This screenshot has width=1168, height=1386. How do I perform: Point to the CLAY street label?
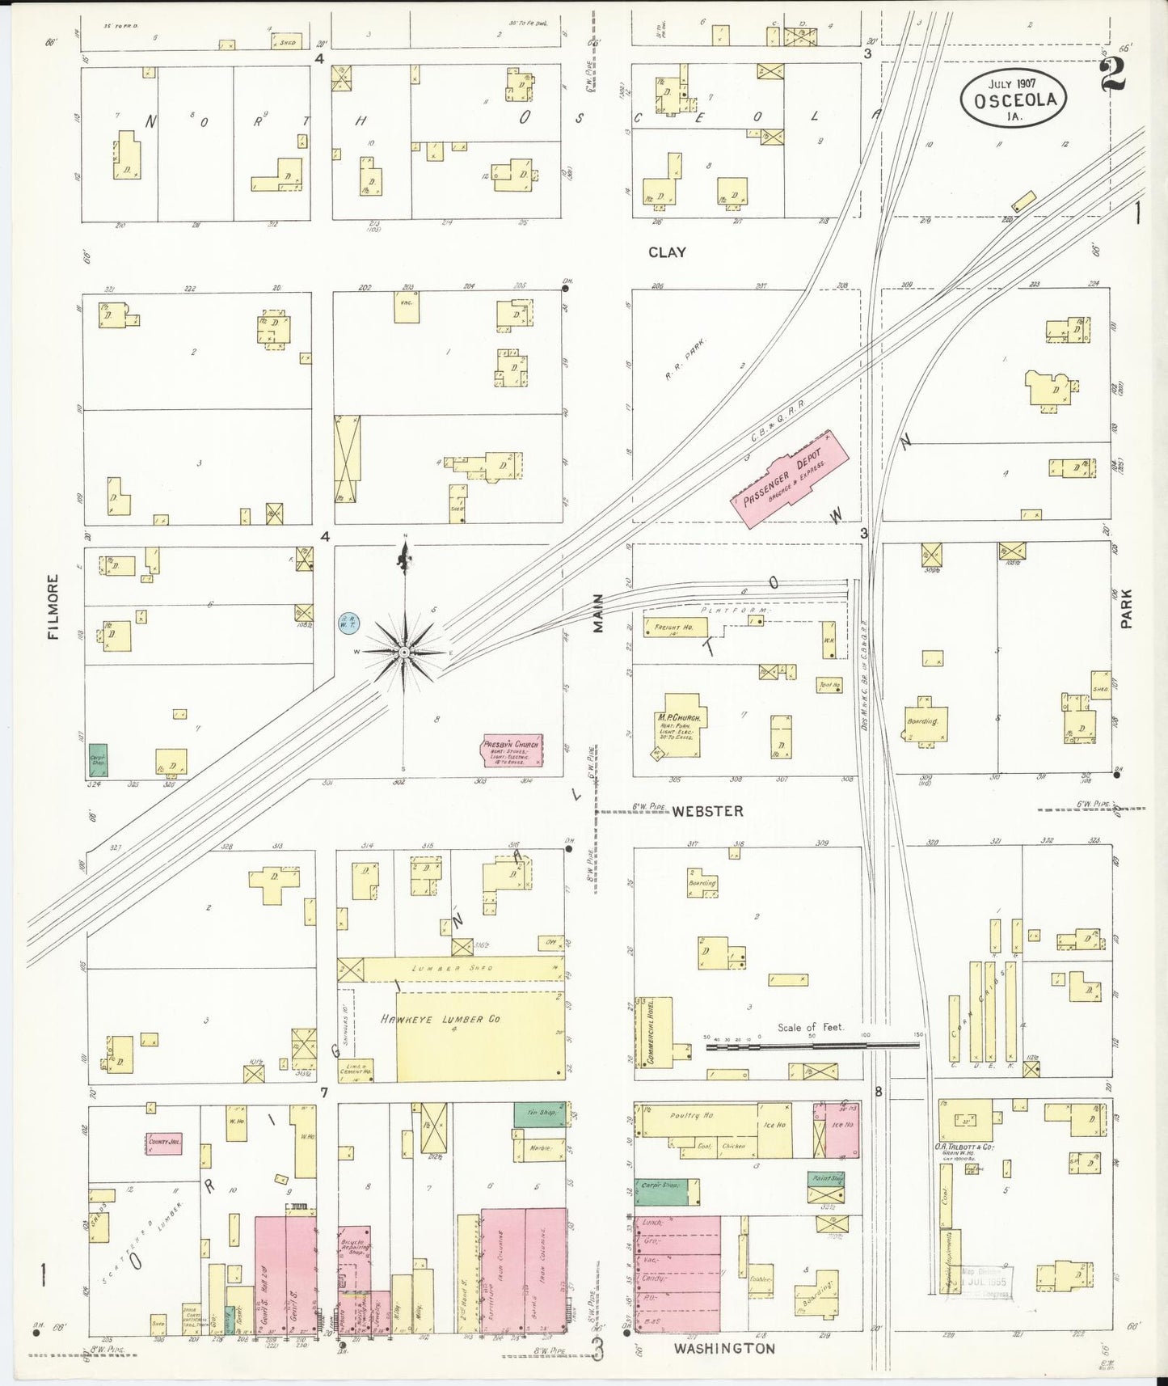pos(666,252)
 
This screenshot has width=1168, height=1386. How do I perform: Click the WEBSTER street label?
pos(707,810)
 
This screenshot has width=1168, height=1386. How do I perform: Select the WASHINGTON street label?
pos(724,1348)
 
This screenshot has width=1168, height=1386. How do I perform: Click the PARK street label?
pos(1126,608)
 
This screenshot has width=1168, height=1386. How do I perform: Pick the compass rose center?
pos(403,652)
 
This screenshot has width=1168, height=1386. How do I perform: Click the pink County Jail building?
pos(163,1143)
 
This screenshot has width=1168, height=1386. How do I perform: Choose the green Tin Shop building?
pos(538,1115)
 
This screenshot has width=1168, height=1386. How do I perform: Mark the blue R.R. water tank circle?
pos(349,623)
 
